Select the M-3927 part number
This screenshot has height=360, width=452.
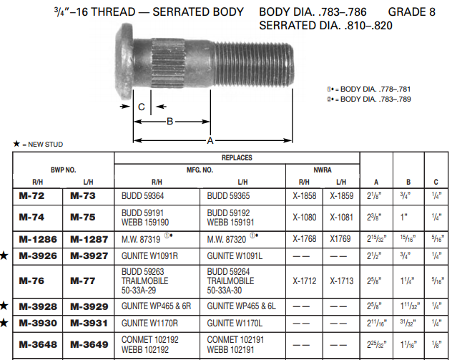(x=89, y=256)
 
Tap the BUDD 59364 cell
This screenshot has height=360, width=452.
(x=142, y=195)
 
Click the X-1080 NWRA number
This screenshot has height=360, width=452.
(x=305, y=216)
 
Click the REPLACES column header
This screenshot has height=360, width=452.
(x=236, y=157)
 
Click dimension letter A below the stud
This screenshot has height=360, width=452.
(x=210, y=140)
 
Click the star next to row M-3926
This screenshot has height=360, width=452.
(x=5, y=256)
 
